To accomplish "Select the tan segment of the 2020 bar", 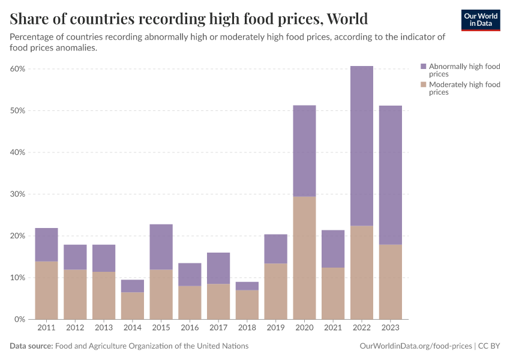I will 304,258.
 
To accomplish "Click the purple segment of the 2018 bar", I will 247,286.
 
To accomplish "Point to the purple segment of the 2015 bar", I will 161,247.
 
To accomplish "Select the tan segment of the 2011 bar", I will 46,290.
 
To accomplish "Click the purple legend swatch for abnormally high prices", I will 424,67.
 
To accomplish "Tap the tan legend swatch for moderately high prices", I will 424,85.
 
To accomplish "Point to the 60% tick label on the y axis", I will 17,69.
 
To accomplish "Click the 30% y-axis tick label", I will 17,194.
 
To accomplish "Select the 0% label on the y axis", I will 19,319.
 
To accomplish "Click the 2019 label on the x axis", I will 276,328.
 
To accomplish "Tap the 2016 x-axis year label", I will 190,328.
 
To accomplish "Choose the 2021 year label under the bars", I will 333,328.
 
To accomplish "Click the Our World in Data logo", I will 481,20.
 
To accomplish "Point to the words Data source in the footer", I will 31,346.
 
